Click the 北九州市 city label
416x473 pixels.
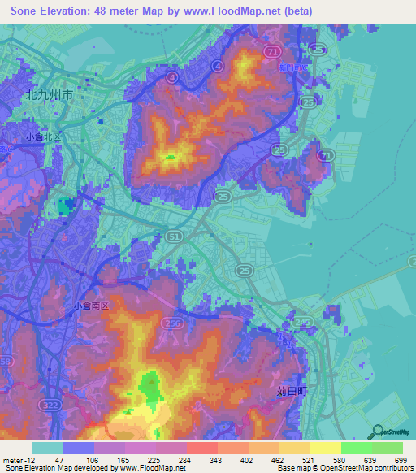pos(50,94)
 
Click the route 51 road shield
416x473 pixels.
pos(174,235)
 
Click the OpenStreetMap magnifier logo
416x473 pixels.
pos(376,432)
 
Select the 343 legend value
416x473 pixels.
pos(217,459)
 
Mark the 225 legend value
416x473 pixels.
pos(155,459)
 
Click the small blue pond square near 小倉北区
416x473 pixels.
pos(63,202)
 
